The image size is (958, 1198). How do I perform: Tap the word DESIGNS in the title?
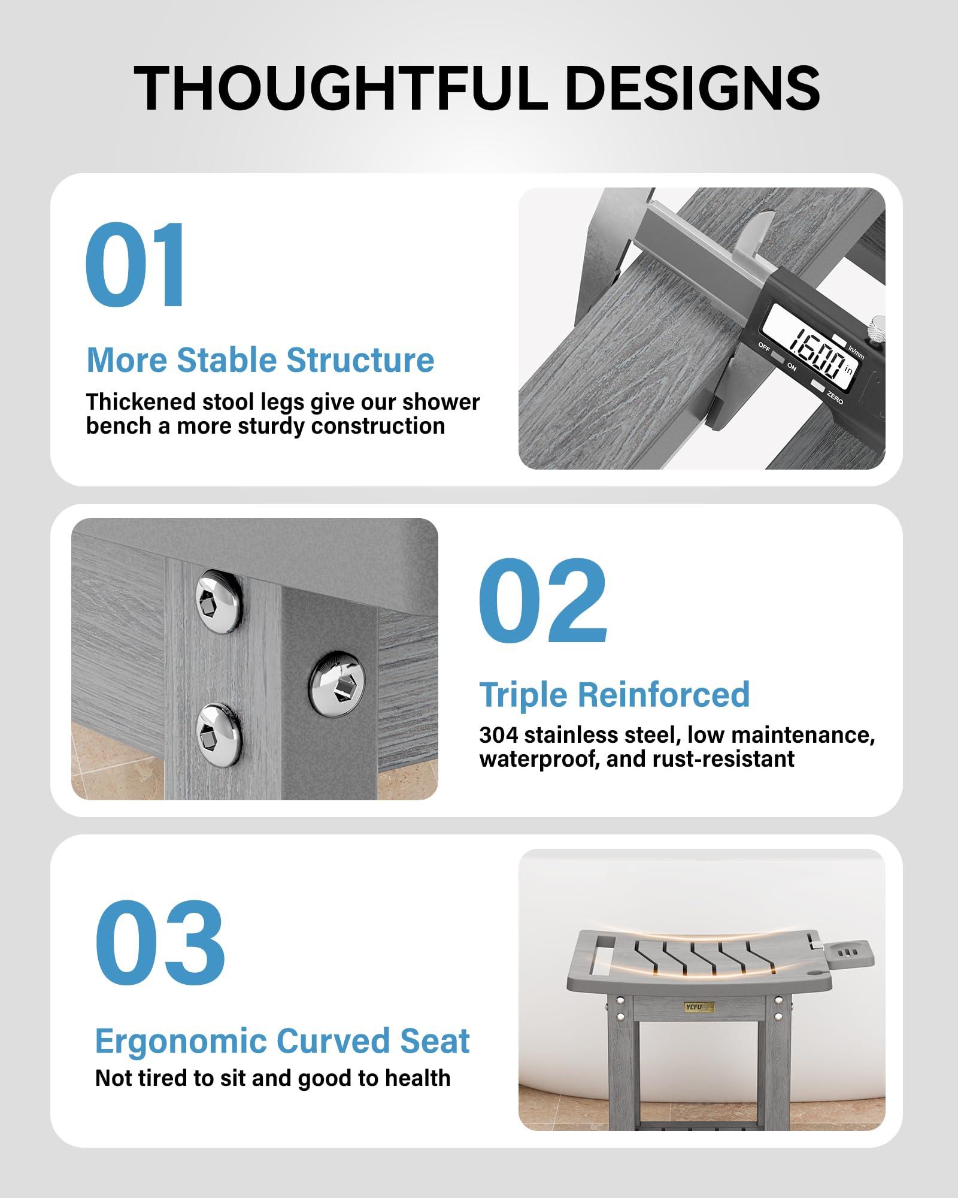tap(692, 88)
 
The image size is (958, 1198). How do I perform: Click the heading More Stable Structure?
tap(260, 360)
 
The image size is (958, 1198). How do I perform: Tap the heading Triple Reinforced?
tap(614, 695)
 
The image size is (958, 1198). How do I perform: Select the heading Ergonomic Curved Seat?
tap(283, 1041)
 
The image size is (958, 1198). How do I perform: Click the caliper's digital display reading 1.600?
tap(817, 354)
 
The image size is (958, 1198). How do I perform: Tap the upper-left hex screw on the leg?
tap(219, 601)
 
